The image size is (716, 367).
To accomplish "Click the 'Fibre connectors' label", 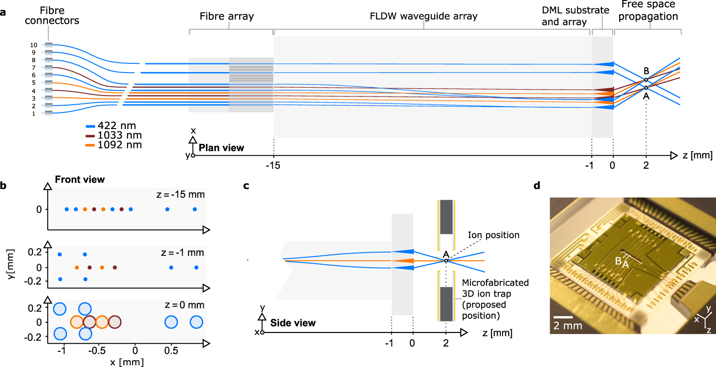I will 52,15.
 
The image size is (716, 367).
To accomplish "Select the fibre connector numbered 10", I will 48,45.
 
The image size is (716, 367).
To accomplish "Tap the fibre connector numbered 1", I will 48,113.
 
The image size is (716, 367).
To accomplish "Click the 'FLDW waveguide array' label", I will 424,17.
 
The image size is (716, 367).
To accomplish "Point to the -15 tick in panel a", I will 273,165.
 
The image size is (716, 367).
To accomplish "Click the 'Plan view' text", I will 221,148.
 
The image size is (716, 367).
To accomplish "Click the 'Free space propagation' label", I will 648,11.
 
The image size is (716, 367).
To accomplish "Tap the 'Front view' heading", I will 80,179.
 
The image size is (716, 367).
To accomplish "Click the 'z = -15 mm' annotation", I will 180,194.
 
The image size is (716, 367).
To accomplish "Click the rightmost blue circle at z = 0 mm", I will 196,322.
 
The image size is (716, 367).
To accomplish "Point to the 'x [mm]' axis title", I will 127,362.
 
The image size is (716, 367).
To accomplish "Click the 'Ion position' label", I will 493,235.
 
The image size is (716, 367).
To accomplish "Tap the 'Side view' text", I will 293,323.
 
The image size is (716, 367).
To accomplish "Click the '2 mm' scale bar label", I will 568,326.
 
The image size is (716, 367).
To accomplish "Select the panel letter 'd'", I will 537,186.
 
